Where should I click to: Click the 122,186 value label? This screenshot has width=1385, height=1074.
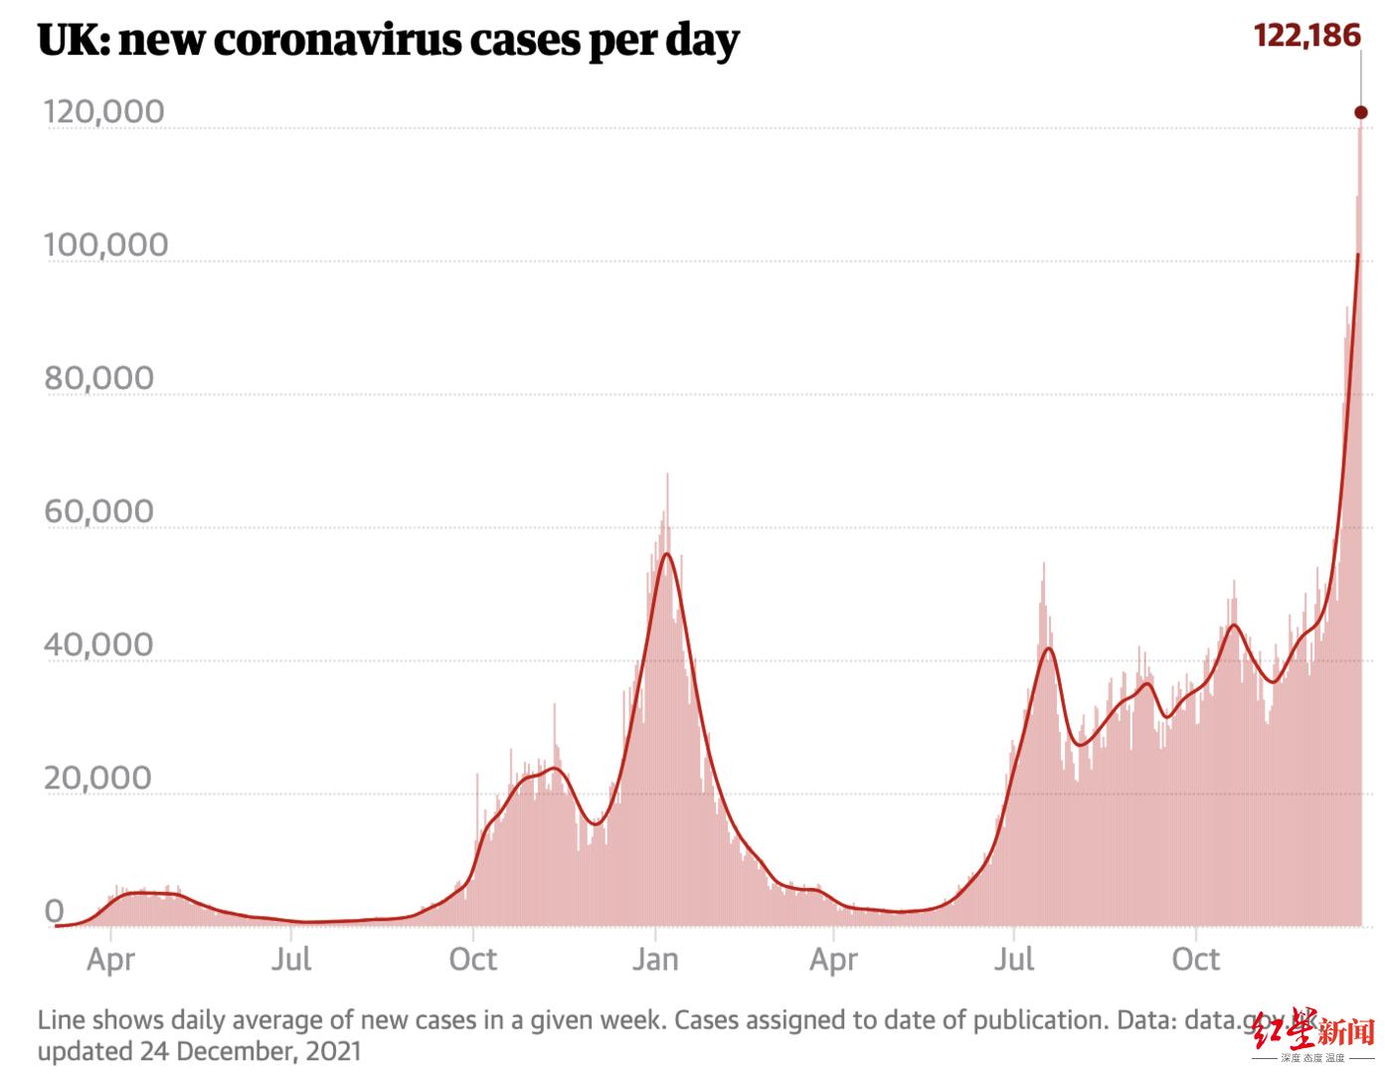coord(1305,36)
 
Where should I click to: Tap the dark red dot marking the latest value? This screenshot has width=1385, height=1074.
coord(1361,112)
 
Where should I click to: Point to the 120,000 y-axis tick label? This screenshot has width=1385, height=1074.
coord(103,111)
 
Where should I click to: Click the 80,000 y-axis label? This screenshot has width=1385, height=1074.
coord(99,378)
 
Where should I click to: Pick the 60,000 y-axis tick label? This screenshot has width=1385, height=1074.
coord(99,511)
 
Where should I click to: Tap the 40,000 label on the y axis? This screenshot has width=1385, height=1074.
coord(99,644)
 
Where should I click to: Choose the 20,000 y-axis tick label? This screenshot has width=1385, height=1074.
coord(99,778)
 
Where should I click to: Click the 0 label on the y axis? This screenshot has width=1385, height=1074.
coord(54,911)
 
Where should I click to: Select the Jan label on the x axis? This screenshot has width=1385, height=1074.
coord(655,960)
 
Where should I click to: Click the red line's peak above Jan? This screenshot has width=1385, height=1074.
coord(666,554)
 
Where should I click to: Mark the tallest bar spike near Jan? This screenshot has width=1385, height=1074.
coord(667,475)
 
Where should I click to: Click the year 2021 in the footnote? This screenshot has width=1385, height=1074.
coord(332,1050)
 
